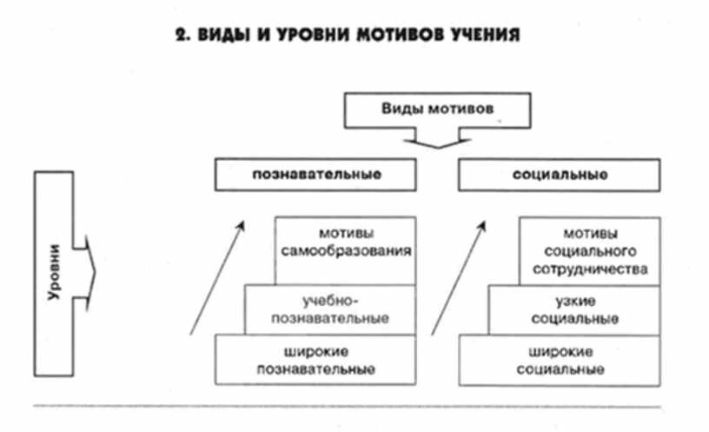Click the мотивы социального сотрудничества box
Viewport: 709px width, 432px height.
click(x=590, y=250)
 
